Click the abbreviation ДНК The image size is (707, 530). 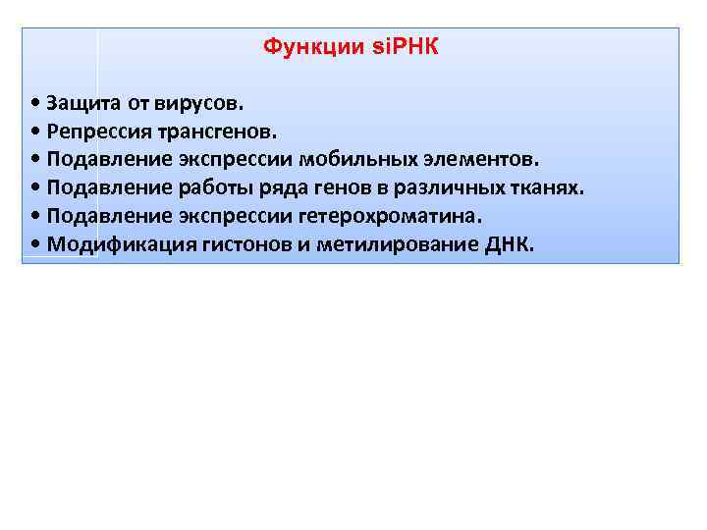pyautogui.click(x=509, y=244)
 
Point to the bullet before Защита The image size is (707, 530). pyautogui.click(x=35, y=103)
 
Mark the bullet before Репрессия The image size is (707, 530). pyautogui.click(x=35, y=132)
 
